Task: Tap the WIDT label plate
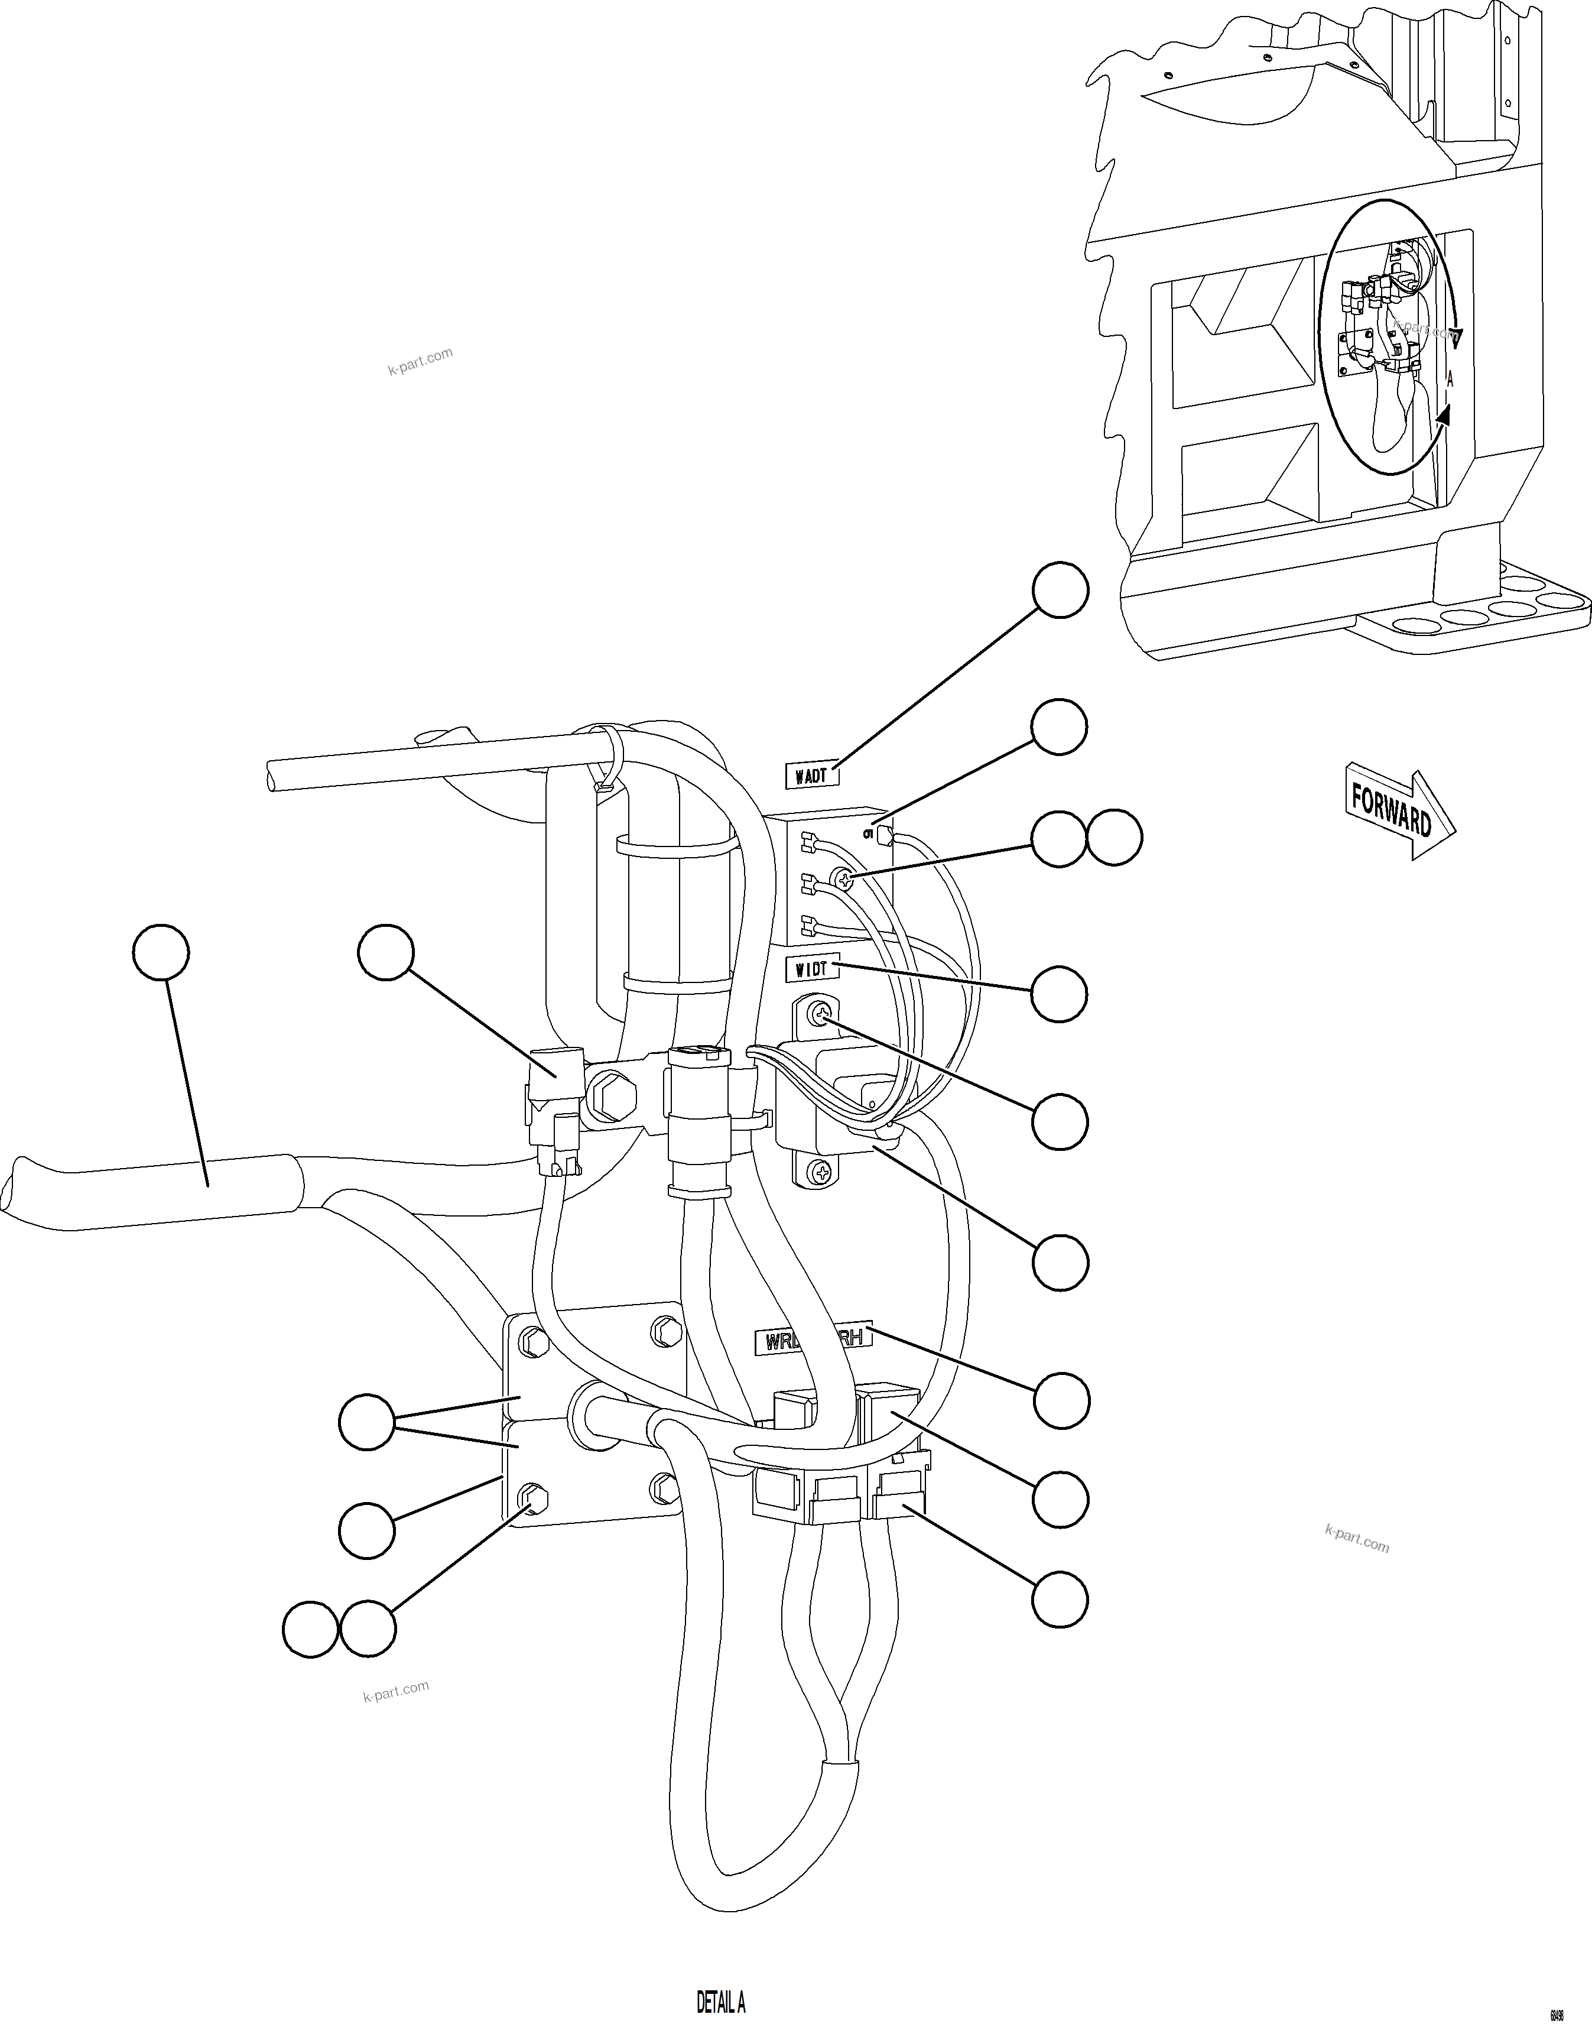pyautogui.click(x=813, y=969)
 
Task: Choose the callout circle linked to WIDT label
pyautogui.click(x=1059, y=994)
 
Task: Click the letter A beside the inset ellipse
pyautogui.click(x=1450, y=380)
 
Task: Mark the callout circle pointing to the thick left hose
pyautogui.click(x=161, y=952)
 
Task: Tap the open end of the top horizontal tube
pyautogui.click(x=272, y=776)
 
